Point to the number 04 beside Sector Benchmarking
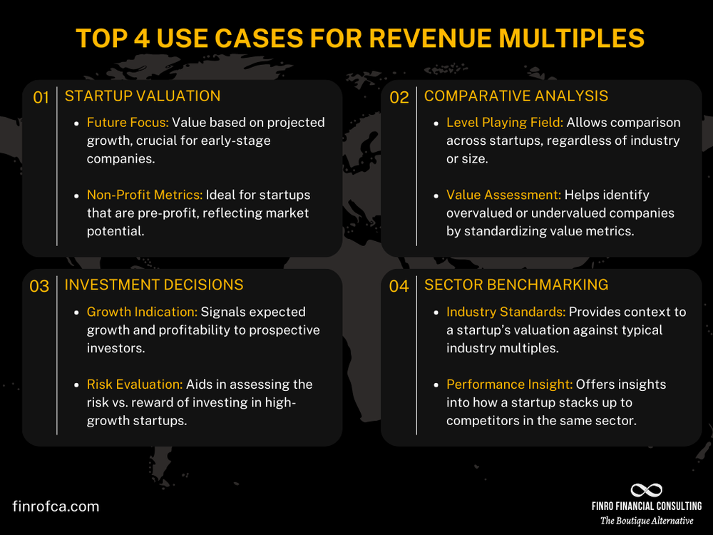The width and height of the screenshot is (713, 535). click(x=399, y=287)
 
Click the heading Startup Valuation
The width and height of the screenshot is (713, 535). click(x=143, y=96)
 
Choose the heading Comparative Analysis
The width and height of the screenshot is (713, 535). click(x=516, y=96)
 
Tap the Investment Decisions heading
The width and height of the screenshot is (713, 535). click(x=154, y=285)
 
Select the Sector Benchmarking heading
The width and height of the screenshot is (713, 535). click(x=516, y=285)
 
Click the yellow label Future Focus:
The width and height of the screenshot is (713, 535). click(x=128, y=123)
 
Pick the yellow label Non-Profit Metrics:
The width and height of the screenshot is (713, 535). click(x=145, y=195)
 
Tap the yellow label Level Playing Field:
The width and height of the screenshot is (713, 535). click(x=505, y=123)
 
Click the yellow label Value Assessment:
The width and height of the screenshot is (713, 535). click(x=503, y=195)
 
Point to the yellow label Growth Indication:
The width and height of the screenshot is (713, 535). click(x=142, y=312)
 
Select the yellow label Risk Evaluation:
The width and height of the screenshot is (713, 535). click(x=133, y=384)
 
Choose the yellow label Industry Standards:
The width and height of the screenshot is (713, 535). click(x=505, y=312)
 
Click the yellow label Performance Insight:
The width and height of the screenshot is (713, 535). click(x=509, y=384)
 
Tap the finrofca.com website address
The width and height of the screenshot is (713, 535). click(x=56, y=506)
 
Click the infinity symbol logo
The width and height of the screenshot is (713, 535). click(x=647, y=490)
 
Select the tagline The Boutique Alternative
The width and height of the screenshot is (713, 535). click(x=647, y=521)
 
